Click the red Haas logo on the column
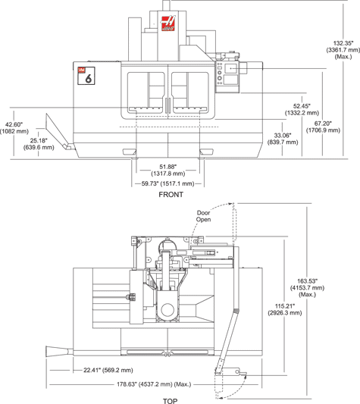click(x=168, y=23)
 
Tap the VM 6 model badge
click(x=86, y=76)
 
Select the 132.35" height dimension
click(x=343, y=50)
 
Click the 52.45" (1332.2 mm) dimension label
click(x=302, y=109)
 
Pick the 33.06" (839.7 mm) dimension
click(x=283, y=139)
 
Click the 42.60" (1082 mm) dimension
click(x=14, y=128)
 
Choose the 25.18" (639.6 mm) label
click(x=39, y=144)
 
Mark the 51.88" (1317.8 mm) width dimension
click(x=168, y=171)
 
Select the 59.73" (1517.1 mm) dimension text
click(x=167, y=183)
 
